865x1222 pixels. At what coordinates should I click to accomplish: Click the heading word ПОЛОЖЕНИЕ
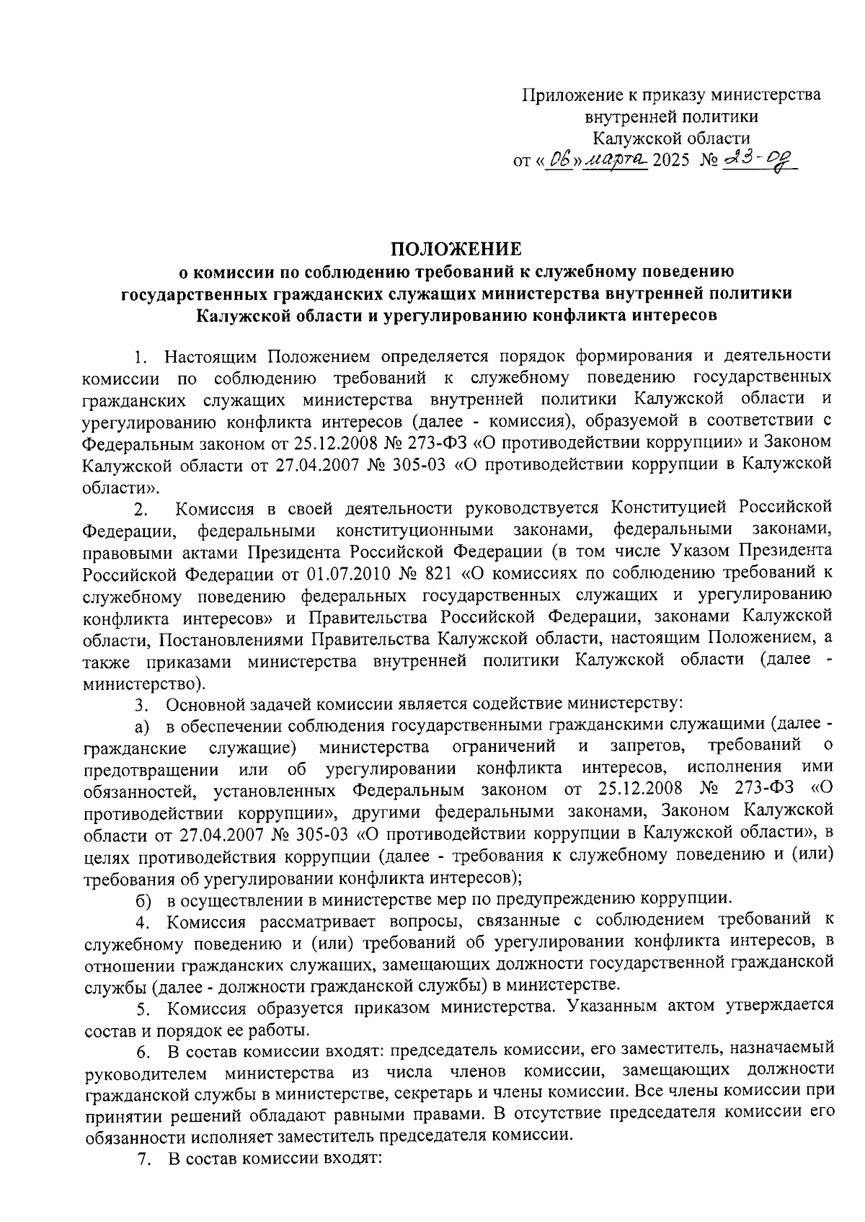pos(456,249)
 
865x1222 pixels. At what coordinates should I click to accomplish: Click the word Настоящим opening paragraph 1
pos(212,356)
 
